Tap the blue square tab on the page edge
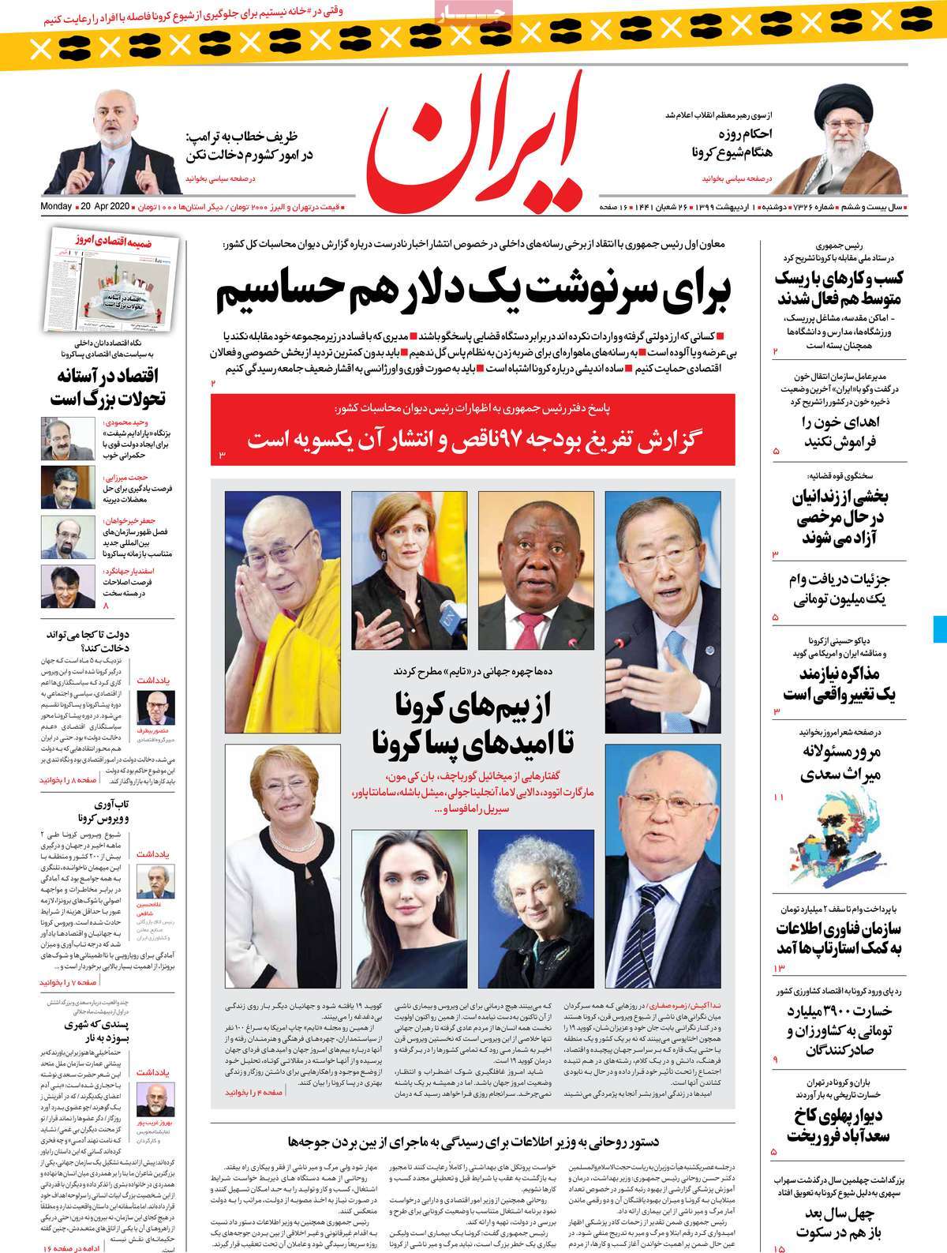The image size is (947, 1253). tap(939, 628)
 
